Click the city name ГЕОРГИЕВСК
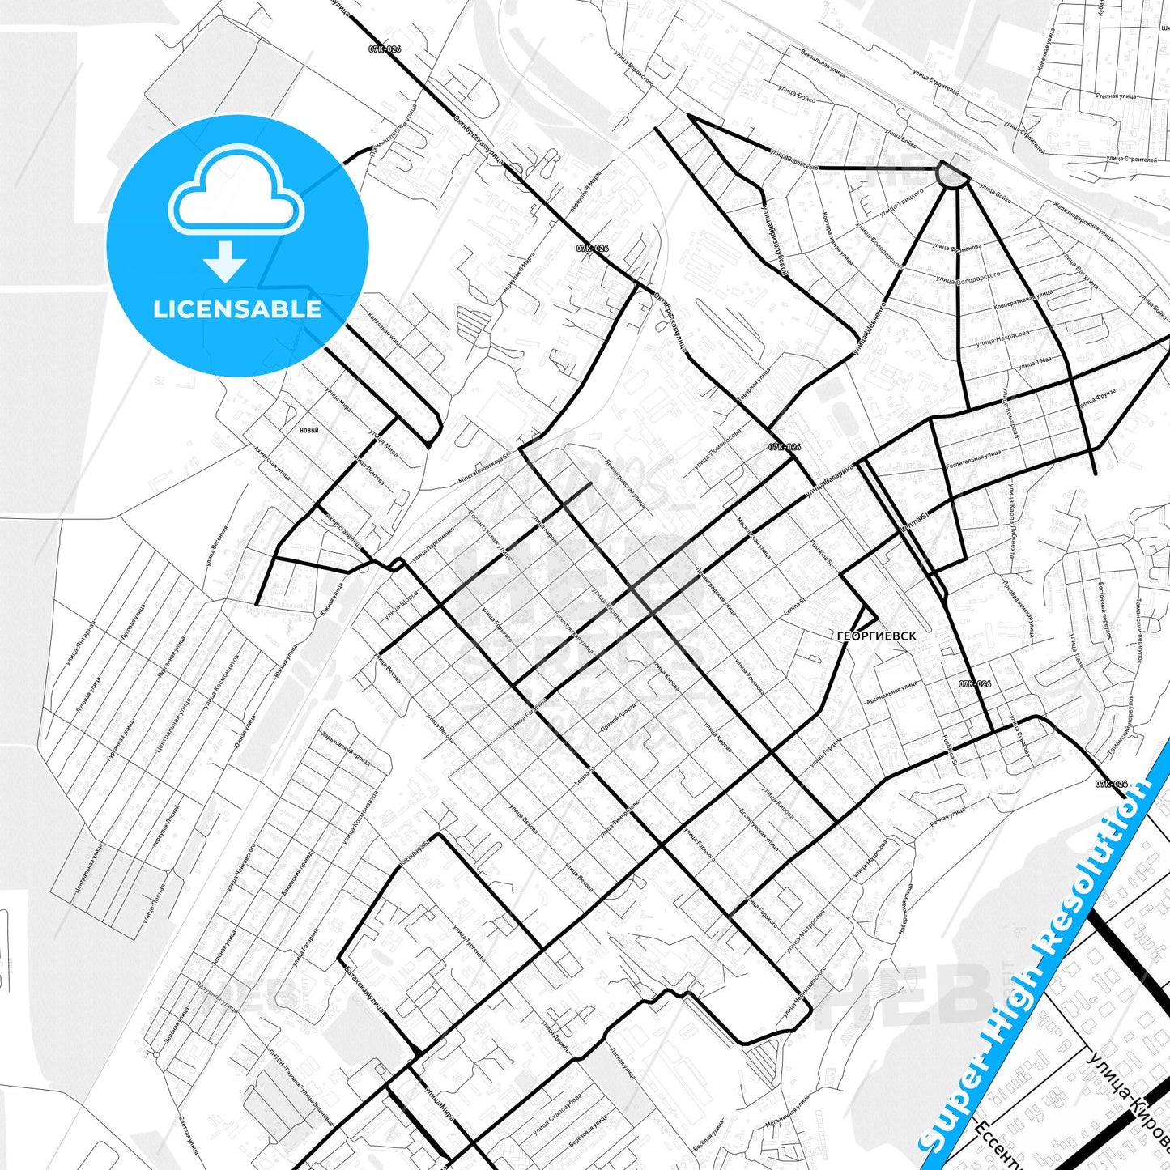point(877,636)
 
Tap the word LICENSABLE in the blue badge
point(237,309)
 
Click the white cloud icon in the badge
point(236,190)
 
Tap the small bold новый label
point(308,430)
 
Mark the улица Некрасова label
point(1003,338)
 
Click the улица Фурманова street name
point(956,246)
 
